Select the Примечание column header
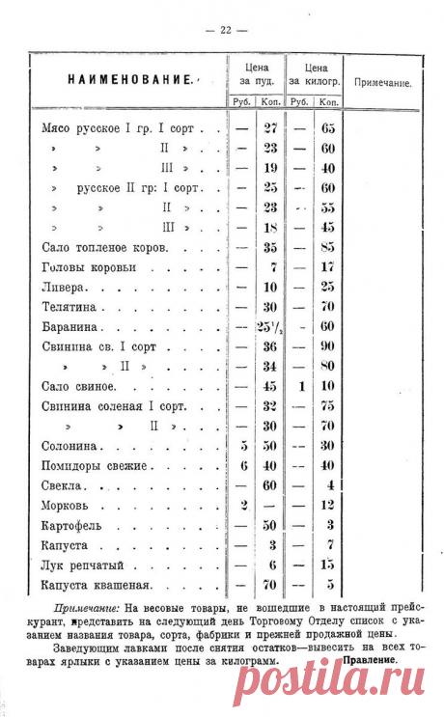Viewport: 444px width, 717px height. [383, 83]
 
